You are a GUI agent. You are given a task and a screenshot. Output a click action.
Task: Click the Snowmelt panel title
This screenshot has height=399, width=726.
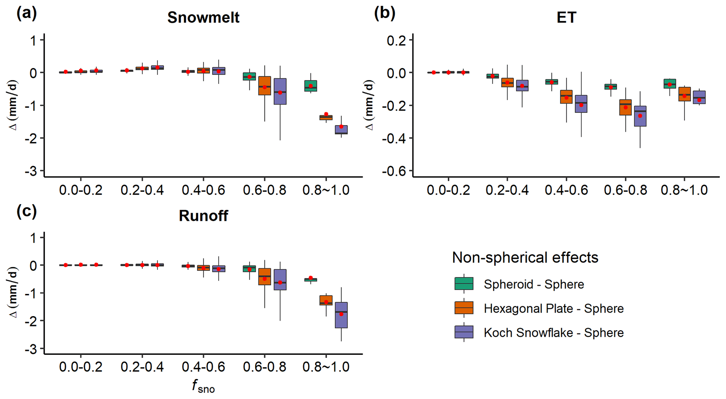tap(203, 18)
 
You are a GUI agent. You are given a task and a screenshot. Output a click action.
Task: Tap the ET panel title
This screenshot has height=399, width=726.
tap(566, 18)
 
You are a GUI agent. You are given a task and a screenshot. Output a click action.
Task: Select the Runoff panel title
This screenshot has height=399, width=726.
tap(203, 216)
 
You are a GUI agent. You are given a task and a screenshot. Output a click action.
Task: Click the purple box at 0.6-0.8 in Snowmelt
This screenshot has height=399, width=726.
tap(280, 91)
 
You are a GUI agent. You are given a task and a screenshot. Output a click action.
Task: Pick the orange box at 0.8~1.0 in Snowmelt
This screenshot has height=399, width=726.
tap(326, 118)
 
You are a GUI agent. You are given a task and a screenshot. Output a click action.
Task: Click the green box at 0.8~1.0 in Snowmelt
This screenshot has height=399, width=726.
tap(310, 86)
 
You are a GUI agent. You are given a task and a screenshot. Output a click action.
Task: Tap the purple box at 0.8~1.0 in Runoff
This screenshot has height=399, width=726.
tap(341, 315)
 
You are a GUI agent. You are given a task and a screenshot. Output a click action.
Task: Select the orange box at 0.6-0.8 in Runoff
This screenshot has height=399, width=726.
tap(264, 276)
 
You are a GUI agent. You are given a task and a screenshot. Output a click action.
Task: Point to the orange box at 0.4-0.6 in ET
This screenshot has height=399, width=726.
tap(566, 97)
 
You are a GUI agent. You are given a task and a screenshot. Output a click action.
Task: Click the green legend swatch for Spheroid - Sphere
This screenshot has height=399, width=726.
tap(464, 283)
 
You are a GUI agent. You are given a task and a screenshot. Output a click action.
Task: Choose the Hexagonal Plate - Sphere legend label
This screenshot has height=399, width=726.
tap(554, 308)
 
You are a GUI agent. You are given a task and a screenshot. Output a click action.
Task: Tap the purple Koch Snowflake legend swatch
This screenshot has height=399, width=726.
tap(464, 332)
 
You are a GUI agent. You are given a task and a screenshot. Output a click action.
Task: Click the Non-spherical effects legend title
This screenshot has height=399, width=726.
tap(525, 257)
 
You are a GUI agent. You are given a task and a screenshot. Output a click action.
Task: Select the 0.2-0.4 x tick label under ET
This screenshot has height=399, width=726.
tap(507, 190)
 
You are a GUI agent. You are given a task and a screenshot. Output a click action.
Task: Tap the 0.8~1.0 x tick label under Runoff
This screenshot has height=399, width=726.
tap(326, 367)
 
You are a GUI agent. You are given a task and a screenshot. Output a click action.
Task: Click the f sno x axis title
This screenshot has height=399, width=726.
tap(203, 386)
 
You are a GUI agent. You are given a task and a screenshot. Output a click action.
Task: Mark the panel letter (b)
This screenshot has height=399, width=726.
tap(385, 13)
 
